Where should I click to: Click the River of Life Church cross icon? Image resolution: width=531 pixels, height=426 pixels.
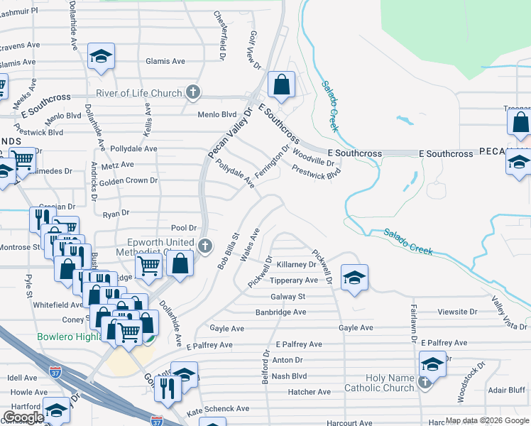(192, 92)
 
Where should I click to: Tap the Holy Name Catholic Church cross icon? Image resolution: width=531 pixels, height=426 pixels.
(425, 383)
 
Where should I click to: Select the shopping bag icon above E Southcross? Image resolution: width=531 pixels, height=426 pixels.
(282, 84)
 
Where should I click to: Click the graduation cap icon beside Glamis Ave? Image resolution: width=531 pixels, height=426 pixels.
(101, 56)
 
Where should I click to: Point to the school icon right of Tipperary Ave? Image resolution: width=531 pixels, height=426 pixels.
(354, 277)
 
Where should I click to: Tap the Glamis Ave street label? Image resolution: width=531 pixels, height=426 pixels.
(165, 62)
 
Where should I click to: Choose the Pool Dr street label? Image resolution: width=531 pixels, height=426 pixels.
(183, 227)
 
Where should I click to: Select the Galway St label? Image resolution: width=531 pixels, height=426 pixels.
(288, 297)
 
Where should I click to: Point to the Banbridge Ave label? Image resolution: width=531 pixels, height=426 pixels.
(281, 312)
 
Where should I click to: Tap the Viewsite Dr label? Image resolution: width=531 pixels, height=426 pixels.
(458, 312)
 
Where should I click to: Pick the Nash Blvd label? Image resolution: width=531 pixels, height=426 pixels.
(289, 376)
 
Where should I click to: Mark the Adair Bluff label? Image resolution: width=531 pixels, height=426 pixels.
(507, 390)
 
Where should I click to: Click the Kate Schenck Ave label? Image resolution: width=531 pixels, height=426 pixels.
(218, 410)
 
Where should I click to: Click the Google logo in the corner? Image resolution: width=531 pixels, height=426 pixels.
(23, 417)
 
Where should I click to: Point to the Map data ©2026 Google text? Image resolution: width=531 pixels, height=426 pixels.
(487, 421)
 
